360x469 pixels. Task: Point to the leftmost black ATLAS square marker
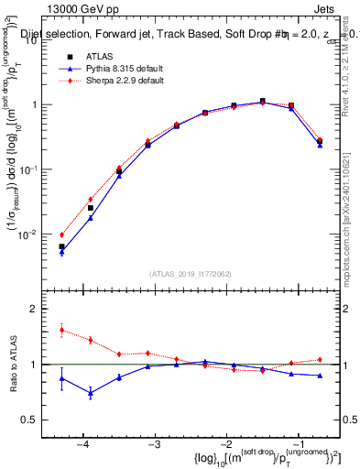click(x=62, y=246)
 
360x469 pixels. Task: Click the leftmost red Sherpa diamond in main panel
click(x=62, y=234)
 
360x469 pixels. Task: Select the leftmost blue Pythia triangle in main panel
click(x=62, y=252)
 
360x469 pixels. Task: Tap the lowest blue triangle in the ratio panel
click(x=91, y=394)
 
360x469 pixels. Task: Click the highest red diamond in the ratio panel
click(x=62, y=330)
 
